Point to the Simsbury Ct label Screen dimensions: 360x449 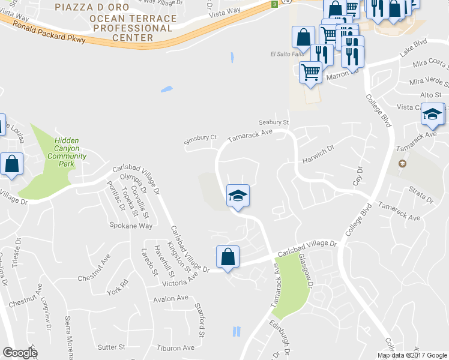[x=200, y=137]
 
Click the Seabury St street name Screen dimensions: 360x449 [x=274, y=122]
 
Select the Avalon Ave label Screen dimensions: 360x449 [x=170, y=298]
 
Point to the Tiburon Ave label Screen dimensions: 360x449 [x=176, y=347]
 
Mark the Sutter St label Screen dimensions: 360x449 [x=111, y=347]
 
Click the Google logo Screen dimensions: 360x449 [x=20, y=353]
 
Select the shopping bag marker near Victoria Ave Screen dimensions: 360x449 [x=228, y=257]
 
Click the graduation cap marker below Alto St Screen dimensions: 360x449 [x=432, y=114]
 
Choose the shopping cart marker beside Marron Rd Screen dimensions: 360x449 [x=310, y=73]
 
